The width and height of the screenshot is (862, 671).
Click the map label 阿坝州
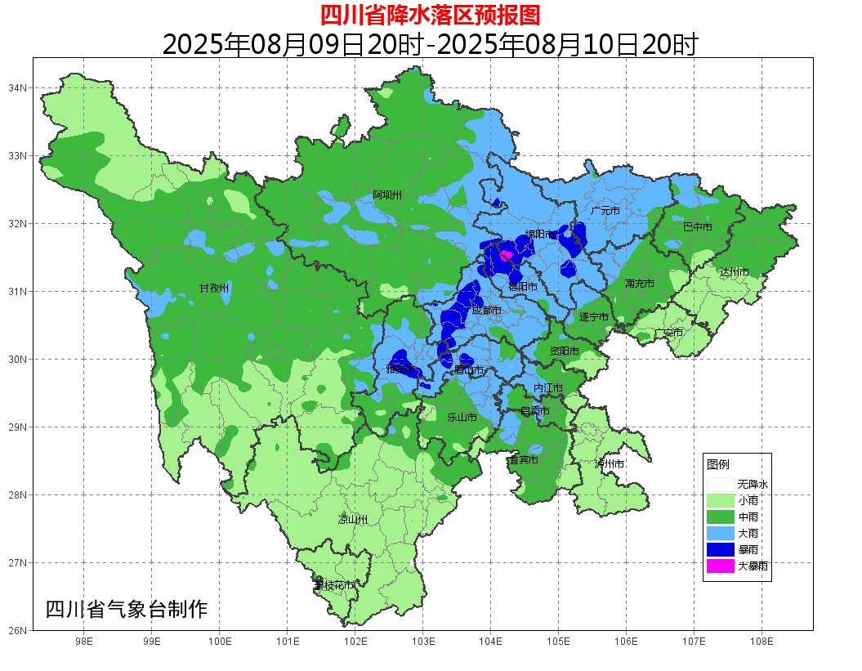pyautogui.click(x=387, y=195)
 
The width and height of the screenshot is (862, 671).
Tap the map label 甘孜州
pyautogui.click(x=214, y=288)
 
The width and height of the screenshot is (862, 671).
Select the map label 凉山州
pyautogui.click(x=353, y=519)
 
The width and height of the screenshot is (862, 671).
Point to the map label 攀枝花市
pyautogui.click(x=334, y=585)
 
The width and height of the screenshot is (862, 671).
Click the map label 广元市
pyautogui.click(x=605, y=211)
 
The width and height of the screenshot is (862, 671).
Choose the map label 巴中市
pyautogui.click(x=697, y=226)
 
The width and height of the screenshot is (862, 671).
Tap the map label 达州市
pyautogui.click(x=734, y=271)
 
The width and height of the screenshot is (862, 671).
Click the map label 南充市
pyautogui.click(x=639, y=284)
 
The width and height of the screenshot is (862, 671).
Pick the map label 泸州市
pyautogui.click(x=610, y=463)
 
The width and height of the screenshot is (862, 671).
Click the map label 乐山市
pyautogui.click(x=462, y=417)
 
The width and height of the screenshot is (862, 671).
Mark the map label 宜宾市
pyautogui.click(x=523, y=460)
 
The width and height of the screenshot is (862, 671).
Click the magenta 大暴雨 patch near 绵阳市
pyautogui.click(x=505, y=255)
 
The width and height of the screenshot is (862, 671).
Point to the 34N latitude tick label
pyautogui.click(x=18, y=87)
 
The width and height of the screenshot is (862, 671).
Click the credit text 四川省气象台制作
pyautogui.click(x=127, y=610)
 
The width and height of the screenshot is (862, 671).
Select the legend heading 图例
pyautogui.click(x=718, y=464)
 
